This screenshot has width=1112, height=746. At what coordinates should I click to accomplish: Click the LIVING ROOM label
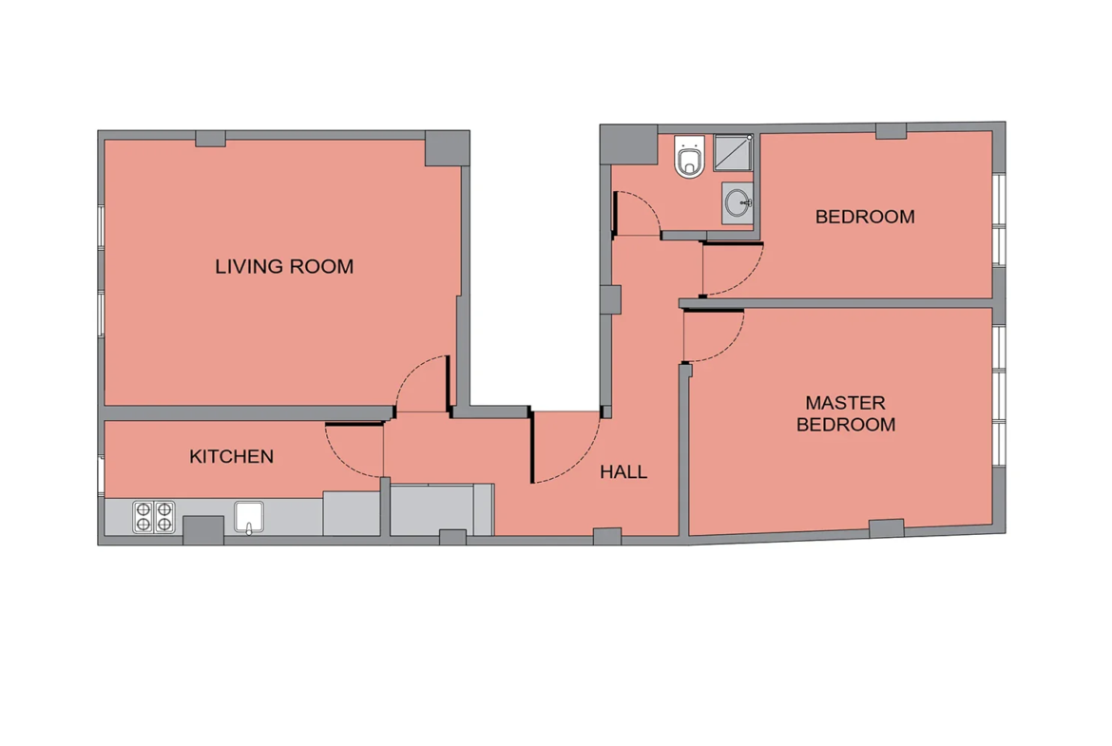[x=283, y=267]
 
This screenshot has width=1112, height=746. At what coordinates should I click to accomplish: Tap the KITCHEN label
[x=231, y=456]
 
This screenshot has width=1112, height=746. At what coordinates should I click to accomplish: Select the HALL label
[x=623, y=471]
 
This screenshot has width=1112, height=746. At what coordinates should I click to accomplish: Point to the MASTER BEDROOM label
[x=845, y=413]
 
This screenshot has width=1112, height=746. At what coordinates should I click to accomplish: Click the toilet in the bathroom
[x=689, y=156]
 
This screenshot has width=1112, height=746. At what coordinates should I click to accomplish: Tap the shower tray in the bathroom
[x=734, y=152]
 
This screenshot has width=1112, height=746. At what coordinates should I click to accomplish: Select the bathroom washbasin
[x=738, y=202]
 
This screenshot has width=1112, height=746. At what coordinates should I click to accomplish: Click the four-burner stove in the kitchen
[x=154, y=517]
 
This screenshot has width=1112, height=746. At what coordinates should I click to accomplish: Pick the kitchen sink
[x=249, y=517]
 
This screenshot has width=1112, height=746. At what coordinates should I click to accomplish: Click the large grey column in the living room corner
[x=447, y=148]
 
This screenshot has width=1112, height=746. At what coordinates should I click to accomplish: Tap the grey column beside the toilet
[x=628, y=144]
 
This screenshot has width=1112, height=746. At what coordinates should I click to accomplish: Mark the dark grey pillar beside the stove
[x=203, y=530]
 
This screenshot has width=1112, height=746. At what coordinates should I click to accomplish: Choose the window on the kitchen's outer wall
[x=101, y=475]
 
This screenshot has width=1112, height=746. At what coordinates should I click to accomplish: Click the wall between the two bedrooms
[x=835, y=303]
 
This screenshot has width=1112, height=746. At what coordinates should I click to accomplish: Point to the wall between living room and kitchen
[x=248, y=413]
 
